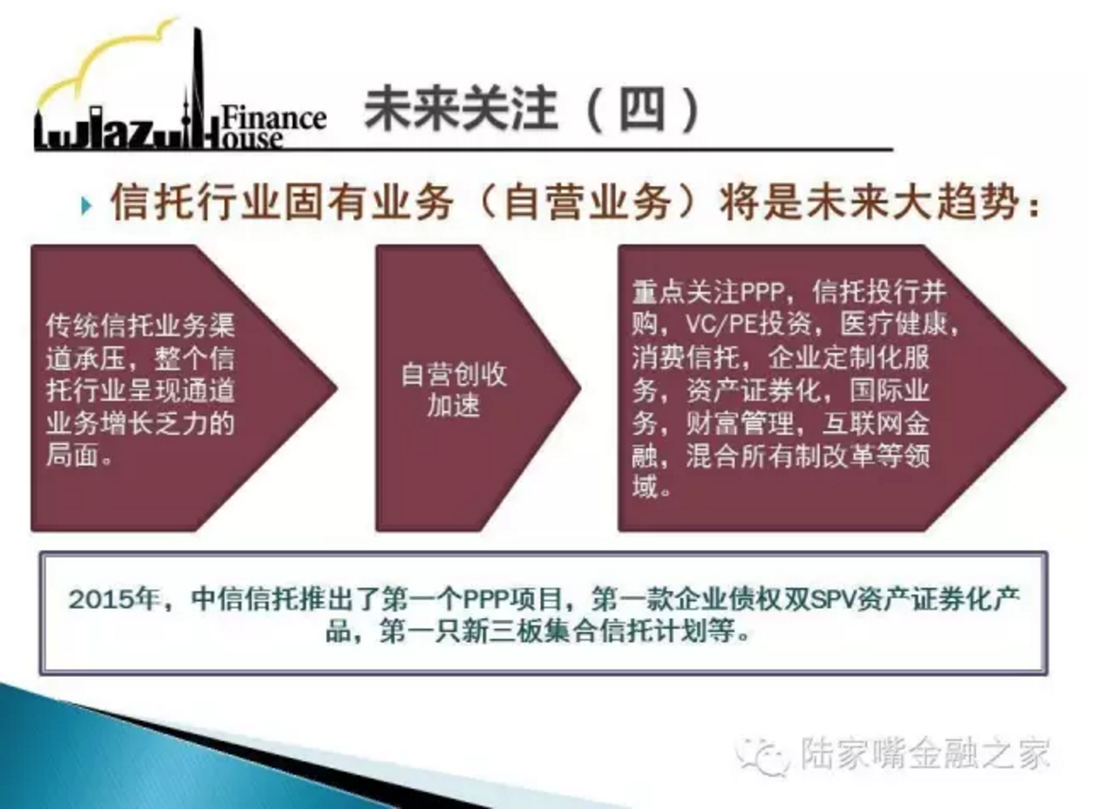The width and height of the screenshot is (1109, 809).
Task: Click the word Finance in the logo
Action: pyautogui.click(x=274, y=118)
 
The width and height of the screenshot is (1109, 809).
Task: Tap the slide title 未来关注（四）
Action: pyautogui.click(x=532, y=111)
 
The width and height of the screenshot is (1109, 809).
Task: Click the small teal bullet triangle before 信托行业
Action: pyautogui.click(x=86, y=206)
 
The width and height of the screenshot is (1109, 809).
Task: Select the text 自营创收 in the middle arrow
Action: pyautogui.click(x=454, y=373)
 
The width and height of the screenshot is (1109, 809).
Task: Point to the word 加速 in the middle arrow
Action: pyautogui.click(x=454, y=405)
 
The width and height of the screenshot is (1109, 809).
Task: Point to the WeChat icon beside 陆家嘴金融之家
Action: pyautogui.click(x=761, y=755)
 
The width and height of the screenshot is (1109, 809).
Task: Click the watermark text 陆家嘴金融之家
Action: pyautogui.click(x=925, y=754)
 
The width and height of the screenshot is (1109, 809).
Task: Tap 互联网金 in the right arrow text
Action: pyautogui.click(x=876, y=422)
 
